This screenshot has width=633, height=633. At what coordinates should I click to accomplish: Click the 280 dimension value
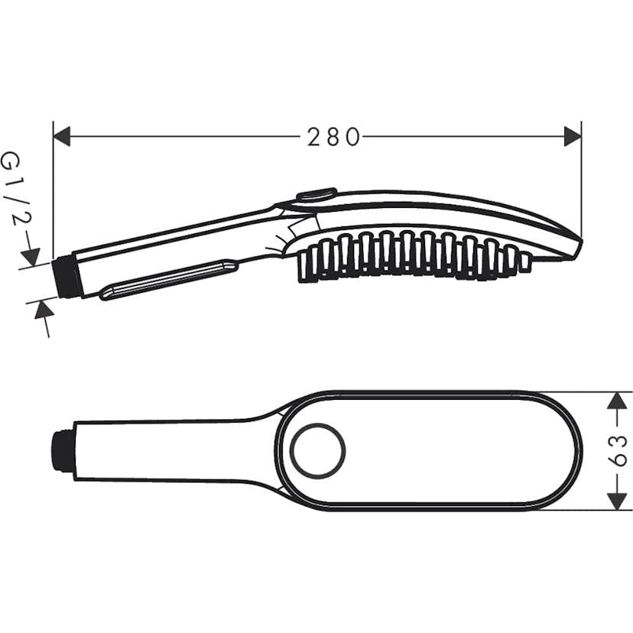pos(333,137)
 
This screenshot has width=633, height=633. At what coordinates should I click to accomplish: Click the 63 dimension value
pos(621,451)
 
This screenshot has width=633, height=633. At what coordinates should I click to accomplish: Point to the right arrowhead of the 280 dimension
pos(572,137)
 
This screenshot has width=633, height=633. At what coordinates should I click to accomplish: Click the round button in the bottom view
pos(316,451)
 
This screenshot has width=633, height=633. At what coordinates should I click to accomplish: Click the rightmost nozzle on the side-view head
pos(524,261)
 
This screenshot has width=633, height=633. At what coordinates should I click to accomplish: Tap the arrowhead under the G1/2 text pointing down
pos(31,255)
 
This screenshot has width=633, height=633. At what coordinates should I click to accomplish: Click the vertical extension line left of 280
pos(53,191)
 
